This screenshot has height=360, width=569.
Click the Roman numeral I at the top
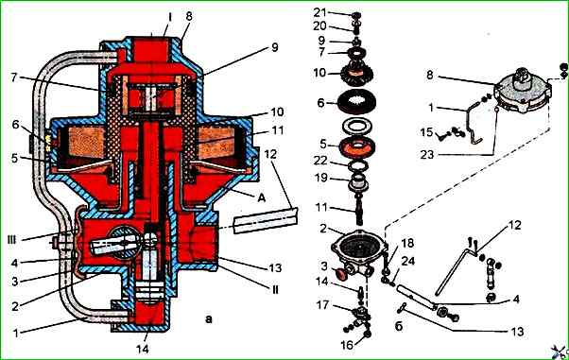pyautogui.click(x=169, y=17)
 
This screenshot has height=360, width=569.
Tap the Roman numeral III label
pyautogui.click(x=12, y=240)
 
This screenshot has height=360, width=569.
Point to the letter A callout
pyautogui.click(x=262, y=197)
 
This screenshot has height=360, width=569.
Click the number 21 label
pyautogui.click(x=320, y=12)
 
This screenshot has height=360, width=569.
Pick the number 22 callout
pyautogui.click(x=320, y=161)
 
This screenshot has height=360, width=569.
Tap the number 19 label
pyautogui.click(x=321, y=178)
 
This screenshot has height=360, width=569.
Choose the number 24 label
pyautogui.click(x=408, y=262)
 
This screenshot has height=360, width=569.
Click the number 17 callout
pyautogui.click(x=322, y=305)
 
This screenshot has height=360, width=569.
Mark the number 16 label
pyautogui.click(x=347, y=345)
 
